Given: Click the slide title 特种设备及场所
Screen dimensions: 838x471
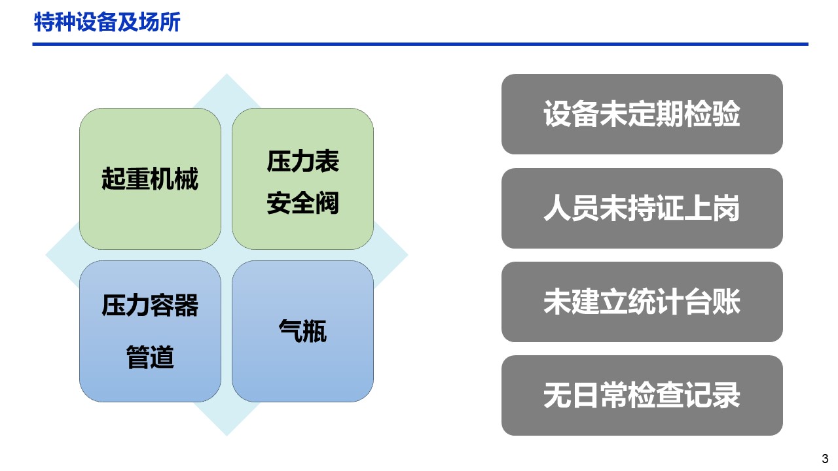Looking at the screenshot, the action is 107,22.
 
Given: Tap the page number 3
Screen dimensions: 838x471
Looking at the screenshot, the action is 825,459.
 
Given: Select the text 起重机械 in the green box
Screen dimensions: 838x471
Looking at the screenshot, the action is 150,179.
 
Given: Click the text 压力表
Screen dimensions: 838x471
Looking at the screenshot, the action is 302,162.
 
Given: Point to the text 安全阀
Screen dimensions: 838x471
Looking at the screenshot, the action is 302,203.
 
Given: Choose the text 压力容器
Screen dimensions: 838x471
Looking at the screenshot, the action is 150,305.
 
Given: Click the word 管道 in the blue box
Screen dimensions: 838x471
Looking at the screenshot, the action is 150,357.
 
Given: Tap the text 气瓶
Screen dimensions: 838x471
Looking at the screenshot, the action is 302,331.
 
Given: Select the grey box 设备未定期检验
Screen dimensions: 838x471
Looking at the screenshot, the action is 642,114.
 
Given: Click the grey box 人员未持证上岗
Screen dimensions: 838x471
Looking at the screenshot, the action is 642,208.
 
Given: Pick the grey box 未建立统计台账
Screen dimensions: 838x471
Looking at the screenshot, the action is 642,302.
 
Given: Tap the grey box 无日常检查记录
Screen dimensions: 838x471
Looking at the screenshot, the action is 642,395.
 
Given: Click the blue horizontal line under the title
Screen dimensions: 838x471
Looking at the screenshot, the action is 420,44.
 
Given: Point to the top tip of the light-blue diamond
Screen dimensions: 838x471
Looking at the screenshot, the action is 227,74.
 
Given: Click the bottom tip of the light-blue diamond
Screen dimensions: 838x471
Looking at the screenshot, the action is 227,436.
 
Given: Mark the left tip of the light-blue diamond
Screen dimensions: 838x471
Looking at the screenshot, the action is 46,255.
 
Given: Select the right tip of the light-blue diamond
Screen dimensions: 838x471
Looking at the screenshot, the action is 408,255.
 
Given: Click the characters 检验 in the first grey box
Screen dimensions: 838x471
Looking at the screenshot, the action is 712,114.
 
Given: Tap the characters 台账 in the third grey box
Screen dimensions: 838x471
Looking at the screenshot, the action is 712,302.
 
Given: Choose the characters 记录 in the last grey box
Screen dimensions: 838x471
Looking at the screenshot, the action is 712,395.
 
